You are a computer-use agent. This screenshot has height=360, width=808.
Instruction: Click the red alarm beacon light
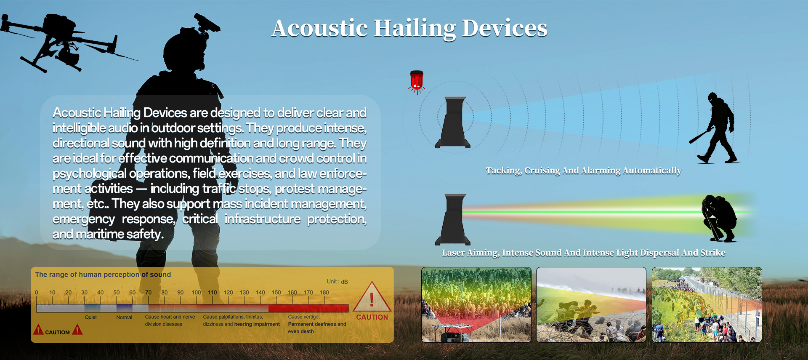[417, 81]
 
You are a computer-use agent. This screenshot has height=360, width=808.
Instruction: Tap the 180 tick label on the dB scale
[324, 292]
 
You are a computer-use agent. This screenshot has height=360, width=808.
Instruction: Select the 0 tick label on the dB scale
[37, 292]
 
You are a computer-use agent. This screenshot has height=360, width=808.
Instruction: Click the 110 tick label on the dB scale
[213, 292]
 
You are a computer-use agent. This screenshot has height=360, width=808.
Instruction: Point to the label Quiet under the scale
[90, 317]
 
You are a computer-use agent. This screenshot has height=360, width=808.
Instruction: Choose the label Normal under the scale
[124, 317]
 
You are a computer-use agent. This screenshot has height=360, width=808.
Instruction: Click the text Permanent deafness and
[317, 324]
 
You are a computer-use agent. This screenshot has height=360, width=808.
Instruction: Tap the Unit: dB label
[337, 282]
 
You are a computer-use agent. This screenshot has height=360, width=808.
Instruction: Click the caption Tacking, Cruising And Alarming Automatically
[584, 171]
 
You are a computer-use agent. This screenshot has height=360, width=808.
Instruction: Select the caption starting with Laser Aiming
[584, 253]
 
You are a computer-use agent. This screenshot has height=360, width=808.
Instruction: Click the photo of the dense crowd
[476, 305]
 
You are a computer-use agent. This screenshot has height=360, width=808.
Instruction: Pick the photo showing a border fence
[707, 305]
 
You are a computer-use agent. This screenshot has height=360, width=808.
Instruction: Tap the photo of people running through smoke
[591, 305]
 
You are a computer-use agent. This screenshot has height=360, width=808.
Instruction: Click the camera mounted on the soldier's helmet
[206, 23]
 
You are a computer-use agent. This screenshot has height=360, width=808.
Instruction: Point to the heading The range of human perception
[87, 275]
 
